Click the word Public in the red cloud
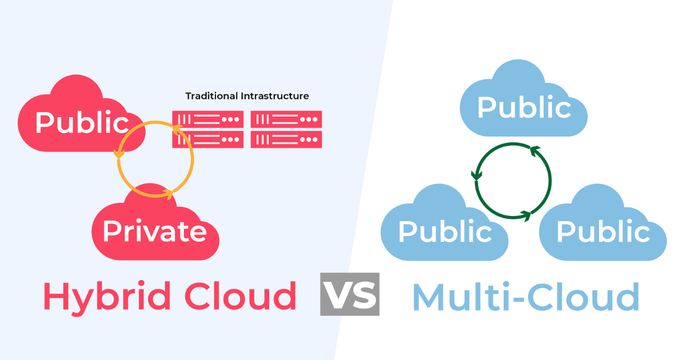tap(82, 122)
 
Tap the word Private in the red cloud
tap(154, 231)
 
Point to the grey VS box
tap(349, 294)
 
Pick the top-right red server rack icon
tap(286, 119)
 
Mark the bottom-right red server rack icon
tap(286, 139)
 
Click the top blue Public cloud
tap(524, 106)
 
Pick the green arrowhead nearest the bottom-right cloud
tap(525, 215)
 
